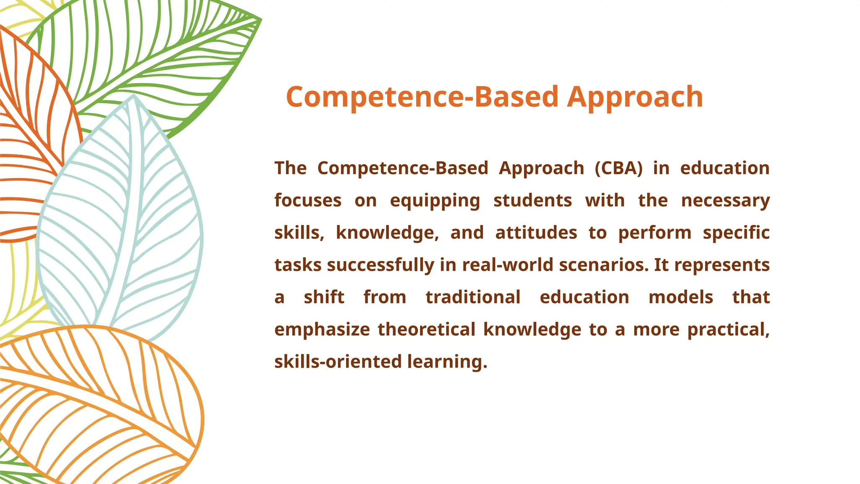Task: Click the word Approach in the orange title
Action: click(635, 97)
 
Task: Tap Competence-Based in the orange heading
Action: click(422, 97)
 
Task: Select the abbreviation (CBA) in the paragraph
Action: click(619, 168)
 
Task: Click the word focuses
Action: click(308, 200)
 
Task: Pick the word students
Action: click(532, 200)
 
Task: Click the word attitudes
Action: click(536, 233)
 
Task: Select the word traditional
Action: click(473, 297)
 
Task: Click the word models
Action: click(681, 297)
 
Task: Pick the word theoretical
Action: click(427, 329)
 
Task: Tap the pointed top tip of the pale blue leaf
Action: click(134, 97)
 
